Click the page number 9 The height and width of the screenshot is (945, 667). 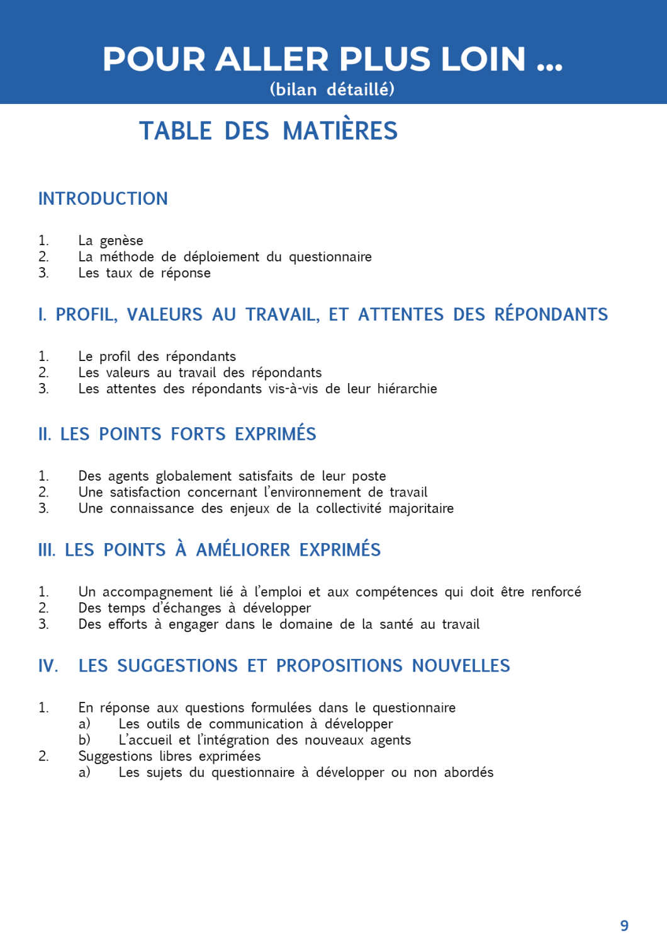pos(624,925)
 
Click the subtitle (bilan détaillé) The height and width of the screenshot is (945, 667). pos(332,89)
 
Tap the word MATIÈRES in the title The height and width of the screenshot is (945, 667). pos(340,131)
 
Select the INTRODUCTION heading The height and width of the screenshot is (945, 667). pos(103,199)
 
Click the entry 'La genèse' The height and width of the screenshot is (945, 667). pos(111,241)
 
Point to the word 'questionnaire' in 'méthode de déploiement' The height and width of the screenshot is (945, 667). pos(330,257)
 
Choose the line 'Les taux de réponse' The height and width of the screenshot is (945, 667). pos(144,273)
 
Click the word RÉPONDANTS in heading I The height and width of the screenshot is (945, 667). pos(551,314)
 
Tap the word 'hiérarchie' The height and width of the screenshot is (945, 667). pos(406,389)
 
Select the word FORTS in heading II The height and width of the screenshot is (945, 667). pos(198,434)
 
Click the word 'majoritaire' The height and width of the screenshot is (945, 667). pos(420,508)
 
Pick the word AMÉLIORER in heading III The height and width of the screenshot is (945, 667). pos(243,550)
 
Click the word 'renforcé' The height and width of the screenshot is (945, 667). pos(556,592)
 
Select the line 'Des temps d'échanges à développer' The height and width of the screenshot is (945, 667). pos(194,609)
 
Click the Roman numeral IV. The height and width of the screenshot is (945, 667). pos(48,666)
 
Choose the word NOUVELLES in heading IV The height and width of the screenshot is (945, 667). pos(461,666)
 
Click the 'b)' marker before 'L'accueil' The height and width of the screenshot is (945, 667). pos(84,740)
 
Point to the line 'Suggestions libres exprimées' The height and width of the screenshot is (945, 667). pos(169,757)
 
